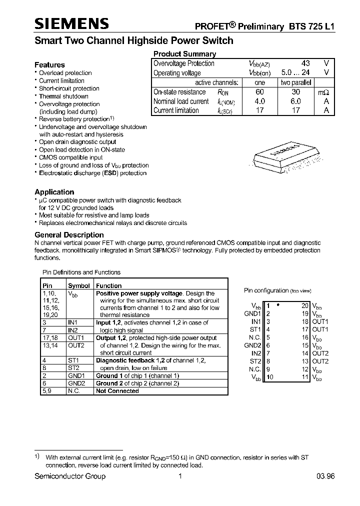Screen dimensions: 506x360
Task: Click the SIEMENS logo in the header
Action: pyautogui.click(x=71, y=24)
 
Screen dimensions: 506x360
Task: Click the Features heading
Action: pyautogui.click(x=49, y=64)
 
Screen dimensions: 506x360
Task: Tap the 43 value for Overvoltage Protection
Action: pyautogui.click(x=305, y=63)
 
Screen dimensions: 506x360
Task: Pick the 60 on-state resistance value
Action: pyautogui.click(x=259, y=92)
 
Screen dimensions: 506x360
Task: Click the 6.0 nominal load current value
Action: pyautogui.click(x=295, y=101)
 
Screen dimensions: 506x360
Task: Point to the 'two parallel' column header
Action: pyautogui.click(x=295, y=82)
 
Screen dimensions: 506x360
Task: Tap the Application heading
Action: pyautogui.click(x=54, y=192)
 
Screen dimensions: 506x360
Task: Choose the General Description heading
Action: pyautogui.click(x=69, y=234)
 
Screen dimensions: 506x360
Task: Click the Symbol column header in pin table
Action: pyautogui.click(x=78, y=285)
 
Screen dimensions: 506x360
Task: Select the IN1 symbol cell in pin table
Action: pyautogui.click(x=72, y=323)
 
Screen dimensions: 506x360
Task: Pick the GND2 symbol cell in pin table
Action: pyautogui.click(x=76, y=383)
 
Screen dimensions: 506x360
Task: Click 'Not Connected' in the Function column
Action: pyautogui.click(x=117, y=391)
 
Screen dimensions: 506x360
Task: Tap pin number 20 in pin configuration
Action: pyautogui.click(x=305, y=305)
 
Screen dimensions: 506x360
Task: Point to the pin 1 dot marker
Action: pyautogui.click(x=278, y=304)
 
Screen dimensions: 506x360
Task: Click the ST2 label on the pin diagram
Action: pyautogui.click(x=255, y=361)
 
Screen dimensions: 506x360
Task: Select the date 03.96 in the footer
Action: pyautogui.click(x=325, y=476)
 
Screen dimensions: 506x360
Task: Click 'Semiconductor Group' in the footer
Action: pyautogui.click(x=70, y=476)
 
